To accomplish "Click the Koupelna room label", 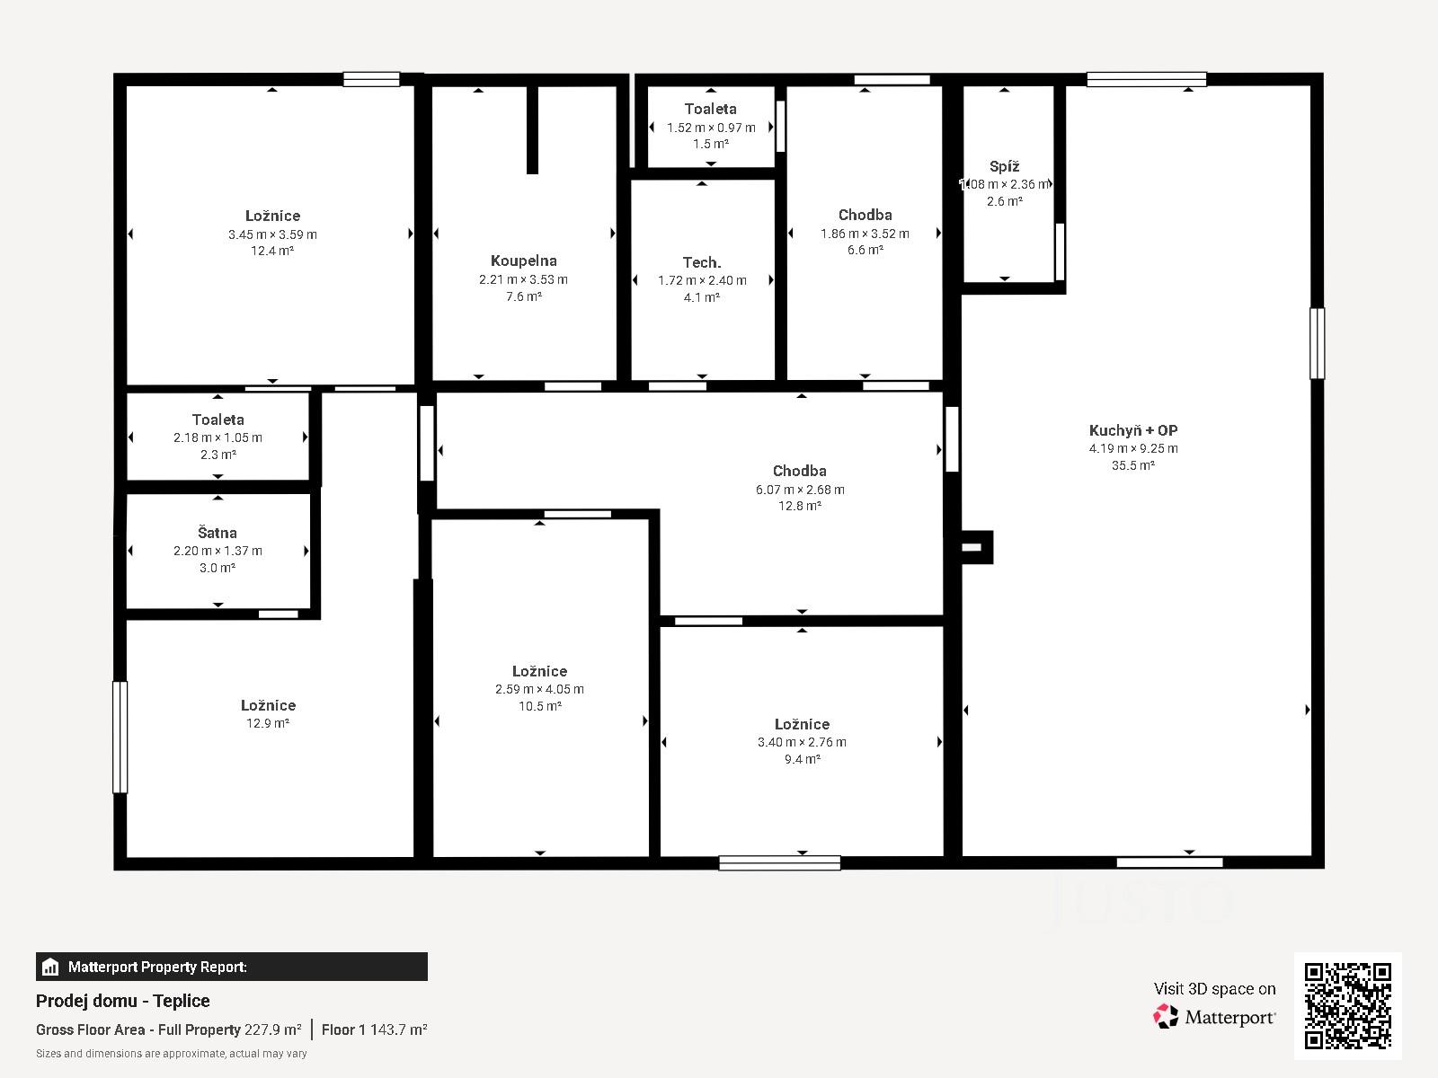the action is tap(523, 261).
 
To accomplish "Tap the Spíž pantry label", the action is tap(1004, 166).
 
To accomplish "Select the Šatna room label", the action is tap(217, 532).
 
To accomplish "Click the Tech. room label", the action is tap(702, 262).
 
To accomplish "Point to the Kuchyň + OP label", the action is tap(1133, 430).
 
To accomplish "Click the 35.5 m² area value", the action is tap(1132, 465).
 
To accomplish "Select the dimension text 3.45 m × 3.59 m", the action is tap(272, 234).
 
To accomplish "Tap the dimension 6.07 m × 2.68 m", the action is tap(800, 490).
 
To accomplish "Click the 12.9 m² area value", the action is tap(267, 722).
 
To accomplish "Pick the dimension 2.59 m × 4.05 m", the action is tap(539, 688).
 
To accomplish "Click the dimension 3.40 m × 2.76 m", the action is tap(802, 742).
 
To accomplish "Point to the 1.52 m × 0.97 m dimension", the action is tap(711, 128).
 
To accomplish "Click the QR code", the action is tap(1347, 1006).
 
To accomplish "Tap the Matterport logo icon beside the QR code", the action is tap(1166, 1017).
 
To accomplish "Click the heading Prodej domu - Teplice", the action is tap(122, 1001).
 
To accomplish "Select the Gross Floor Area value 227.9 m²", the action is tap(272, 1029).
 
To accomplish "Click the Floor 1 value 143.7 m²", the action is tap(398, 1029).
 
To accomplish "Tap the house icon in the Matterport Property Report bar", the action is tap(49, 967).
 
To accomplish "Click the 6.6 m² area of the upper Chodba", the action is tap(865, 250).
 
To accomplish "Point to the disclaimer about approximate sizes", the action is tap(171, 1054).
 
